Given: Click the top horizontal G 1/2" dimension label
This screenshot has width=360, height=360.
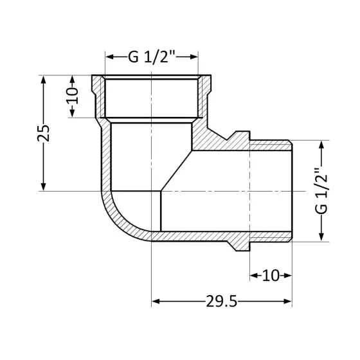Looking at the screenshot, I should (x=151, y=57).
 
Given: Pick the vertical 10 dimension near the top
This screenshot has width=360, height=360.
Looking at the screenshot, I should (x=72, y=96).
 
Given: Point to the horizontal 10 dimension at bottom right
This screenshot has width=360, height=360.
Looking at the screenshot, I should (x=271, y=276).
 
